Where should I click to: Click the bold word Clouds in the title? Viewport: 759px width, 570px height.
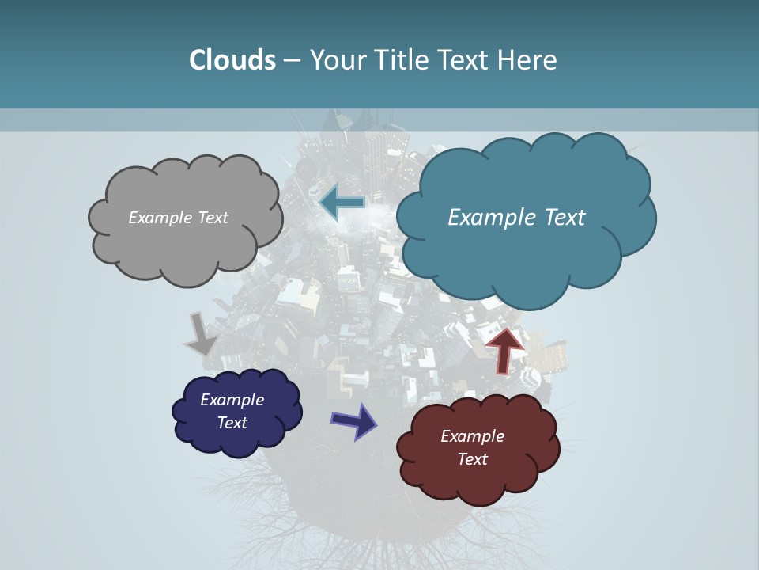coord(232,59)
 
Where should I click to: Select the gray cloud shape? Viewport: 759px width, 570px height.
coord(182,237)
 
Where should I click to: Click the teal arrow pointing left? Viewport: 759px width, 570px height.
coord(342,203)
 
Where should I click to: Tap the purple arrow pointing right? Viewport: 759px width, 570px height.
coord(353,420)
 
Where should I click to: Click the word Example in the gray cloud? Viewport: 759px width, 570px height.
coord(159,218)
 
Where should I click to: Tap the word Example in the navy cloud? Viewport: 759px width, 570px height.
coord(232,400)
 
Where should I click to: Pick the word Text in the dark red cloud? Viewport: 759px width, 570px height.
coord(472,459)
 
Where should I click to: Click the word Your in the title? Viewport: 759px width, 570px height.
coord(338,59)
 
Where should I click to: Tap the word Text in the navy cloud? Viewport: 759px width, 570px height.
coord(232,423)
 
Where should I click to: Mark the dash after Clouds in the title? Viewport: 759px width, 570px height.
coord(291,60)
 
